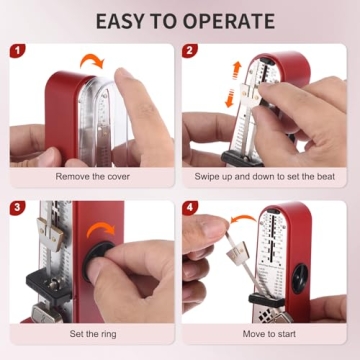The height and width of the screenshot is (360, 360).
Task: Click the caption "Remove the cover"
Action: (92, 176)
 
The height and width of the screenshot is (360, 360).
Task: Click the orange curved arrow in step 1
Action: (92, 66)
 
